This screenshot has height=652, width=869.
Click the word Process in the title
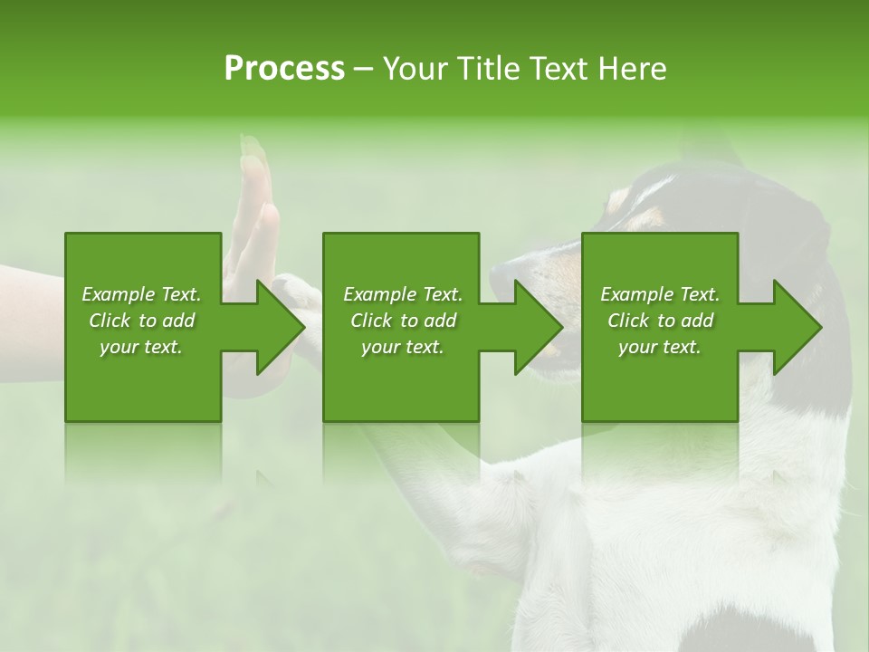284,68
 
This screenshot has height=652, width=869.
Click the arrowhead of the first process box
279,327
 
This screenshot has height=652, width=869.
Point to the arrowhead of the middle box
538,327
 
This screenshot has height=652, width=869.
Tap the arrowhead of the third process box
797,327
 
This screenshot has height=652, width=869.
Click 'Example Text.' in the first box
141,294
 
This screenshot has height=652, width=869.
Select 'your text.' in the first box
141,347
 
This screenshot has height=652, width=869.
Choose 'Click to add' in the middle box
403,321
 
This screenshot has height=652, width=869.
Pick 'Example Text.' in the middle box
403,294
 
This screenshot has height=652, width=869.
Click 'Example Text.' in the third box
660,294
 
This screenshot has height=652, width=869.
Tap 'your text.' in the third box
660,347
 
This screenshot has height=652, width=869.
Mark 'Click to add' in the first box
141,321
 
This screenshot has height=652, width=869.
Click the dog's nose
501,269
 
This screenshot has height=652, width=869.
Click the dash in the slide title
364,70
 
